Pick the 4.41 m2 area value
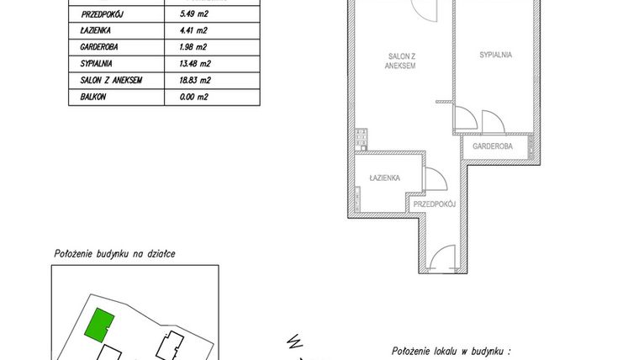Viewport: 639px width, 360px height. (195, 31)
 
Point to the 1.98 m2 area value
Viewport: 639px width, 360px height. (195, 47)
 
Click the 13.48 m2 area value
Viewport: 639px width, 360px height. (198, 64)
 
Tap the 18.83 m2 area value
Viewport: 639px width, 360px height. (198, 80)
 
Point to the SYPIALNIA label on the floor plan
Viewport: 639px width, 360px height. (496, 55)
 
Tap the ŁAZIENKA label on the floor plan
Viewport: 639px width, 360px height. (384, 178)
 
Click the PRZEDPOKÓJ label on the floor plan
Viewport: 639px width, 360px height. (435, 204)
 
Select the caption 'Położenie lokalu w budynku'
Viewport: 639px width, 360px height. (452, 351)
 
